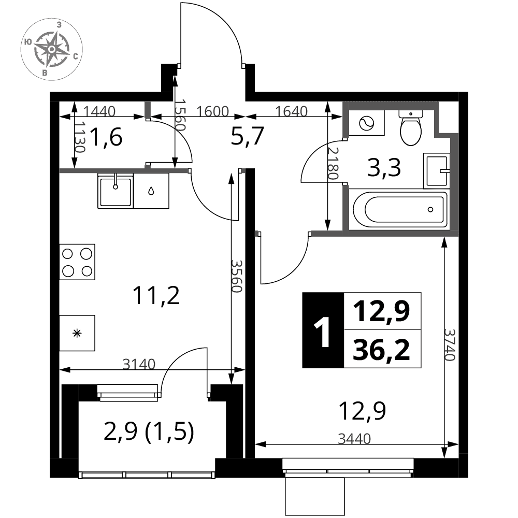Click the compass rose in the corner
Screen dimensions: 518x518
[x=51, y=50]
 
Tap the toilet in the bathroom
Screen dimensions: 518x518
[x=411, y=128]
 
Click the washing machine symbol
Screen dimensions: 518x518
[x=366, y=123]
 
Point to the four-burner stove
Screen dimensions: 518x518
[x=77, y=262]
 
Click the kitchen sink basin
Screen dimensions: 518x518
[x=116, y=191]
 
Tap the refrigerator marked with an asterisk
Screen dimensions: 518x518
[x=77, y=333]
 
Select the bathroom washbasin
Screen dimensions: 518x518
[x=436, y=171]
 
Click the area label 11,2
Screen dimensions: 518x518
[x=156, y=295]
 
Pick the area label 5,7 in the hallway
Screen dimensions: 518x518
[x=247, y=136]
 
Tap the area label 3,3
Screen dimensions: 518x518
[x=384, y=167]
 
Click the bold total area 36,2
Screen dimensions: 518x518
[x=382, y=350]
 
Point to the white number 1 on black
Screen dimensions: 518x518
[x=322, y=332]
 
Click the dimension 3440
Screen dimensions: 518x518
[x=354, y=439]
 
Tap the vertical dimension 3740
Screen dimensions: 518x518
[x=450, y=344]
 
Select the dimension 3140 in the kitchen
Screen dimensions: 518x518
[x=139, y=364]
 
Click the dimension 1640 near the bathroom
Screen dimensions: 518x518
[x=291, y=111]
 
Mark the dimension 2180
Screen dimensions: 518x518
[x=333, y=163]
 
